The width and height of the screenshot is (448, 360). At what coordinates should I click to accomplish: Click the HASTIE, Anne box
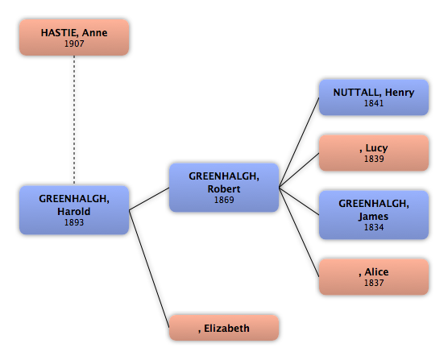click(74, 37)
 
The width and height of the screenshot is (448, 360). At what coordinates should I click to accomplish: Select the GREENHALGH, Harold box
click(74, 210)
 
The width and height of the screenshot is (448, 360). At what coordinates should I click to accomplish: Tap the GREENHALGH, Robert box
click(224, 188)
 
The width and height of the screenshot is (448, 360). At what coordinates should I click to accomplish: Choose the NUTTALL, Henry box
click(374, 97)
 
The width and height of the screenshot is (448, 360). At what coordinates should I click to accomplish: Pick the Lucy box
click(374, 153)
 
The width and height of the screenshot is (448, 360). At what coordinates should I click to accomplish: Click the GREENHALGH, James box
click(374, 215)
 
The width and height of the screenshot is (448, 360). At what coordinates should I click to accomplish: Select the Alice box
click(374, 277)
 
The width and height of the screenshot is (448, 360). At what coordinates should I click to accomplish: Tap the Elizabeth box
click(224, 328)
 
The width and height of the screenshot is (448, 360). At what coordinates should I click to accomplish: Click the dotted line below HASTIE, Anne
click(74, 120)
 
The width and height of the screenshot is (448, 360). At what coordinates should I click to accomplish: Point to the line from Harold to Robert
click(149, 199)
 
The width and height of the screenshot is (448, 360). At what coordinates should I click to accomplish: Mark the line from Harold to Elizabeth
click(149, 269)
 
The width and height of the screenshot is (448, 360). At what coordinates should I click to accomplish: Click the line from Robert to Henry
click(299, 143)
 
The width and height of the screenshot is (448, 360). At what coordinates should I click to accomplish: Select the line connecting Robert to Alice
click(299, 233)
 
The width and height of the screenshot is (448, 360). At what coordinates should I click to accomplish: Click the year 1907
click(74, 43)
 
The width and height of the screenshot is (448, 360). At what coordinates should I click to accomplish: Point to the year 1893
click(74, 222)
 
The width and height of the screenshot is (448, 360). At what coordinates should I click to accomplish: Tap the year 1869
click(224, 200)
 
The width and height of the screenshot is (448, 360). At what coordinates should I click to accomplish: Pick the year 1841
click(374, 103)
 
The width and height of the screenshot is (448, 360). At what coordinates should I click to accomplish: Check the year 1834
click(374, 227)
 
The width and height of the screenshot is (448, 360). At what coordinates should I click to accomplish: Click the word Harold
click(73, 211)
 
